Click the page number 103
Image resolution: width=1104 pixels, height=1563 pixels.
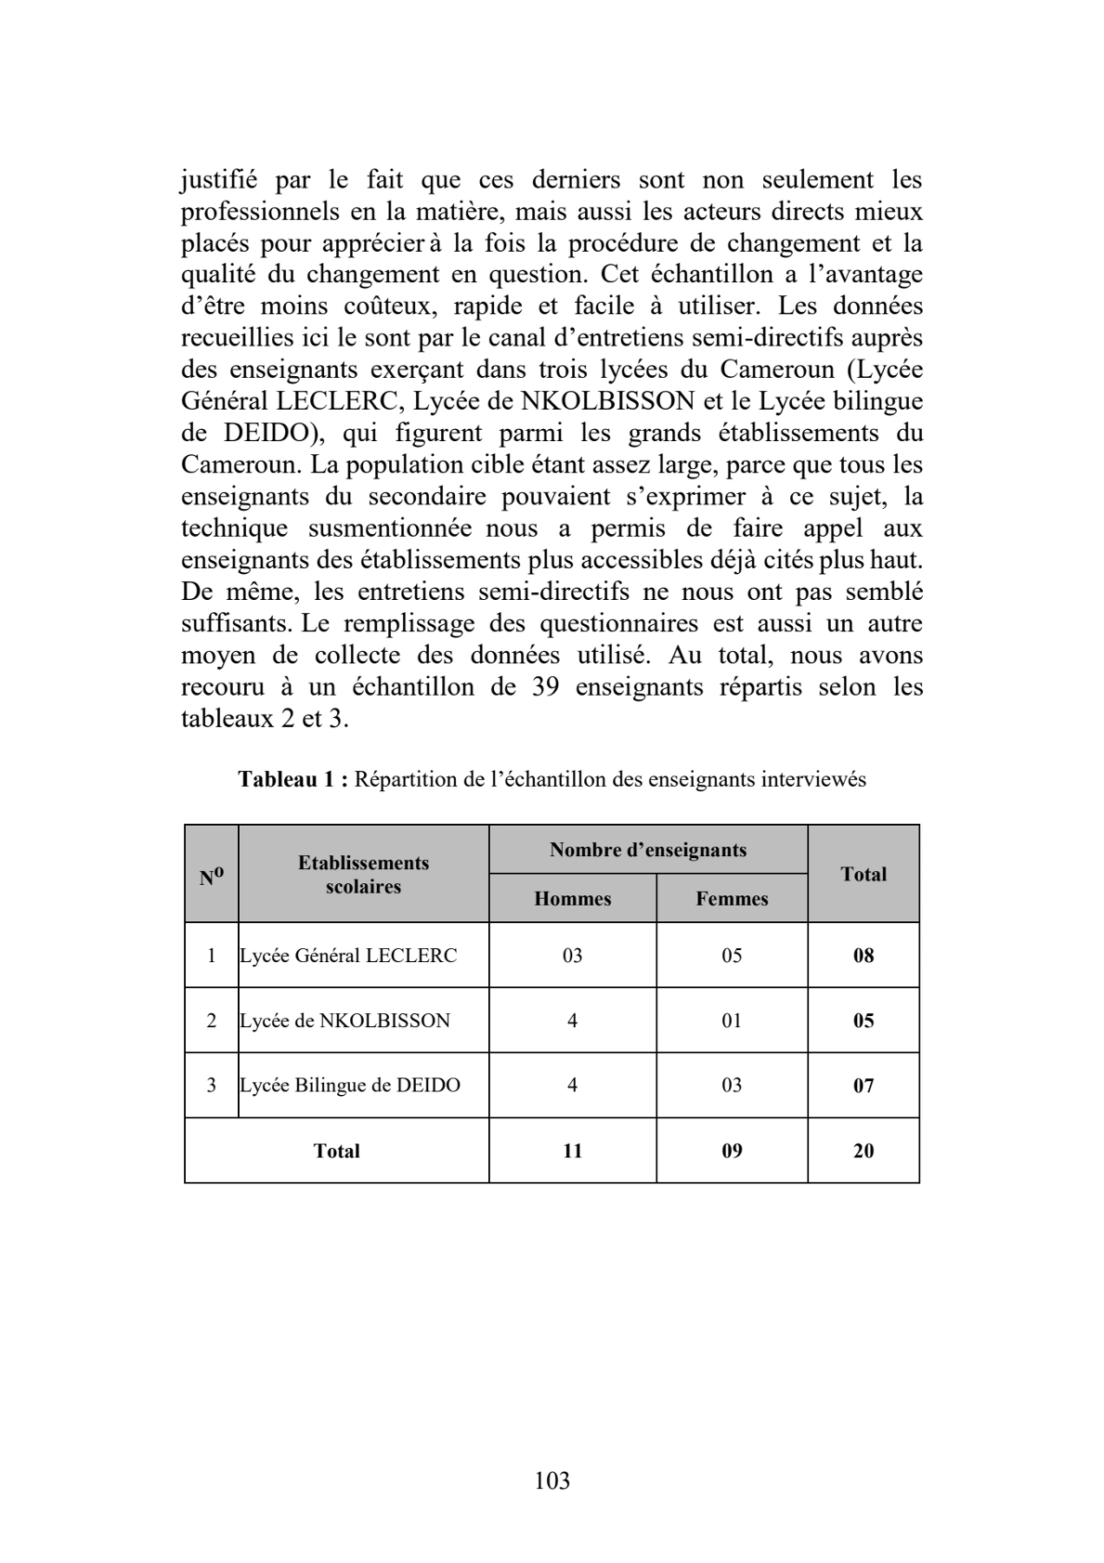[x=552, y=1480]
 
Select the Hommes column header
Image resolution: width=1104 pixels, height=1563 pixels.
[x=572, y=899]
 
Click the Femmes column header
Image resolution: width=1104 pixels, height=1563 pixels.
[x=732, y=899]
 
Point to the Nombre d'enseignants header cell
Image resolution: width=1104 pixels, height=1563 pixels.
[x=647, y=850]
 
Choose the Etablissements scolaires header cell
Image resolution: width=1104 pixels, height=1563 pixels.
[x=363, y=874]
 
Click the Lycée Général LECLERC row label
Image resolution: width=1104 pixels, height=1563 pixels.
[x=348, y=956]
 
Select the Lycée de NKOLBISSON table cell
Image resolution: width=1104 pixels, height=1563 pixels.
[x=344, y=1021]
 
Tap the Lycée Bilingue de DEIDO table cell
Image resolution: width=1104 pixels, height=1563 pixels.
[x=350, y=1086]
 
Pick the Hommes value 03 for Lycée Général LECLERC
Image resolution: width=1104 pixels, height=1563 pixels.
[x=572, y=956]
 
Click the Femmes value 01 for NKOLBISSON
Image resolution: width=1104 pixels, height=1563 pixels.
[x=732, y=1021]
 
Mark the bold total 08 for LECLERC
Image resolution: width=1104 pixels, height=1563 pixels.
[x=864, y=956]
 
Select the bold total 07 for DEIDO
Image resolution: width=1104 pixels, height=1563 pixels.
[x=864, y=1086]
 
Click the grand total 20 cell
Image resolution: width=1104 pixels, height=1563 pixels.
[x=864, y=1151]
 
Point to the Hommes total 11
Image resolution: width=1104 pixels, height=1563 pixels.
[x=572, y=1151]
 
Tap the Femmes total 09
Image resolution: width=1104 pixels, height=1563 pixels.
[x=732, y=1151]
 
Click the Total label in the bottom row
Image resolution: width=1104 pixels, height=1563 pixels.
[x=336, y=1151]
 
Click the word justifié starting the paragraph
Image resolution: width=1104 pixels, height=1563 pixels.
[x=217, y=180]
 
